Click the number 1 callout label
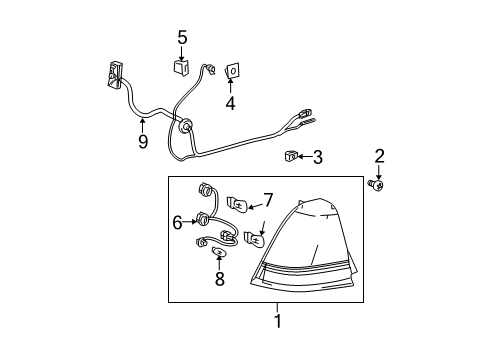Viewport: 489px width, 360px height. point(279,321)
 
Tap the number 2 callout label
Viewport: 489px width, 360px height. point(379,155)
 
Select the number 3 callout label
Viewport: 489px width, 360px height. point(318,157)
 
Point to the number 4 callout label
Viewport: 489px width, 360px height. point(230,102)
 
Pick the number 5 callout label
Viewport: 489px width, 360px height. point(182,38)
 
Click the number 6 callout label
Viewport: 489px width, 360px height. point(177,223)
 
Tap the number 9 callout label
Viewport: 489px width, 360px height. point(143,142)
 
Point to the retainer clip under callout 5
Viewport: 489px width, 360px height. point(182,69)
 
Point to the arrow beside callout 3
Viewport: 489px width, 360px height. point(301,157)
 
